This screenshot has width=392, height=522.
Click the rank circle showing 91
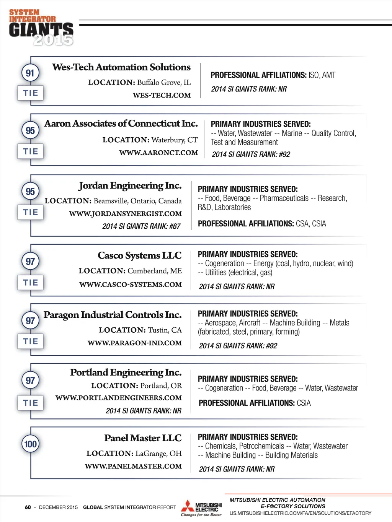click(30, 73)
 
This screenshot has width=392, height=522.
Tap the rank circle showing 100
click(30, 444)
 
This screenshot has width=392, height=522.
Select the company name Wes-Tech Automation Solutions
click(121, 67)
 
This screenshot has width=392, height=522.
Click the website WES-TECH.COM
click(162, 95)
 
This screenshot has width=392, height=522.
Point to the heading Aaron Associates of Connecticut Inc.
click(121, 124)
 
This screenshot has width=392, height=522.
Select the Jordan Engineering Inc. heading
click(130, 186)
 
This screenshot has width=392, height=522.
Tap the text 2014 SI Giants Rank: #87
click(141, 226)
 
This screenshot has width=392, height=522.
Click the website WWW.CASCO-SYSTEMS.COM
click(131, 285)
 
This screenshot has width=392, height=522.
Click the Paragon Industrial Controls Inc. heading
click(113, 315)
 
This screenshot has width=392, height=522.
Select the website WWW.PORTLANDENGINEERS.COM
click(119, 398)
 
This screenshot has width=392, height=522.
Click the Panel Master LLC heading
click(143, 438)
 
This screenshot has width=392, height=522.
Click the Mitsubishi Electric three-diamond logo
click(188, 506)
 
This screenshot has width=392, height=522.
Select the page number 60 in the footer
click(28, 507)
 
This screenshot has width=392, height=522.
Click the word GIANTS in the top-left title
click(41, 29)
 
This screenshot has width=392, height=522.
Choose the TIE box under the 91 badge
click(31, 93)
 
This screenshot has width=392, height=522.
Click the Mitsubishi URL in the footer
click(301, 513)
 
